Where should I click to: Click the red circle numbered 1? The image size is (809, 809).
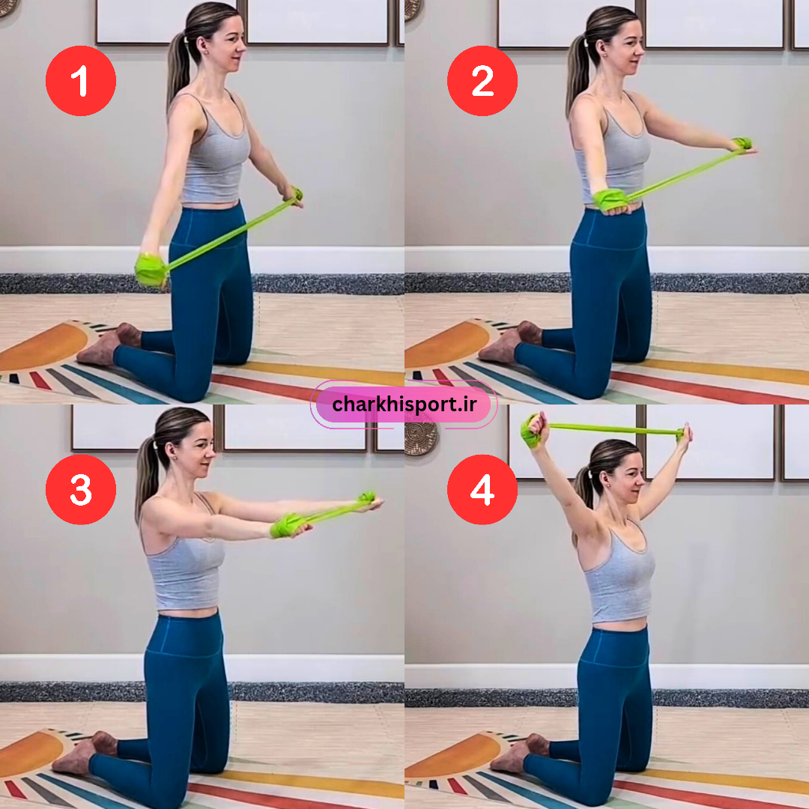81,81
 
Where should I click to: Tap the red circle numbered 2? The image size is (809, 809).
482,81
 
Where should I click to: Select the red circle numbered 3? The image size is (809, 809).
81,490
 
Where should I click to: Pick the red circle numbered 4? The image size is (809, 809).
482,490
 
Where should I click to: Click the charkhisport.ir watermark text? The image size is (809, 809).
404,404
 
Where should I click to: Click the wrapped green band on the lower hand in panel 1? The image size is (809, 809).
150,270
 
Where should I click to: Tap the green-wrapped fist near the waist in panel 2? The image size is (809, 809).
610,201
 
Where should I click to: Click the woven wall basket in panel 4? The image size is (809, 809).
420,437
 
